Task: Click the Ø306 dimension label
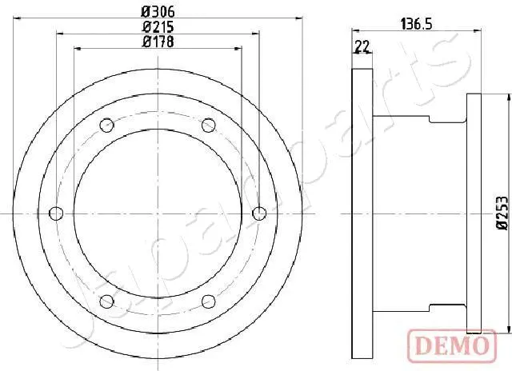coord(158,11)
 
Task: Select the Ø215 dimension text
coord(158,26)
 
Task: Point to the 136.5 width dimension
coord(416,25)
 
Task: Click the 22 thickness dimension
coord(362,47)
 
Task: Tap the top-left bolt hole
coord(106,125)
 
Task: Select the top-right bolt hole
coord(209,125)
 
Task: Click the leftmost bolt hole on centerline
coord(55,213)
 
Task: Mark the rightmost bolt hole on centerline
coord(259,213)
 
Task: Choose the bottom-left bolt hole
coord(106,301)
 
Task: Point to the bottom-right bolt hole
coord(209,301)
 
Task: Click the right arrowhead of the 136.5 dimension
coord(478,33)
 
